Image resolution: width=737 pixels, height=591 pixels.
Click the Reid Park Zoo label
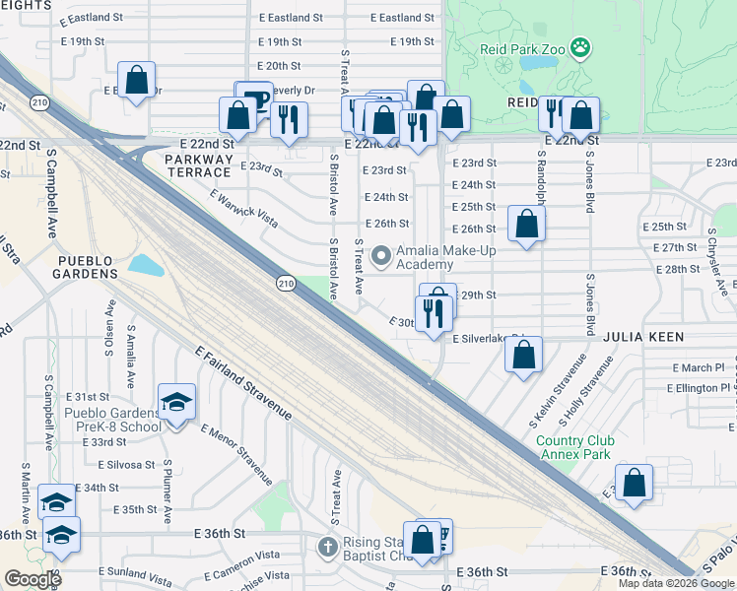pos(522,46)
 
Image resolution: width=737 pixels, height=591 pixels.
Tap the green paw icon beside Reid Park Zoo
pos(582,46)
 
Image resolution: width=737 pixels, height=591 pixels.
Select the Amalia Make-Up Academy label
pos(444,257)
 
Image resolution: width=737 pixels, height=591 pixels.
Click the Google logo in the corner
pos(33,579)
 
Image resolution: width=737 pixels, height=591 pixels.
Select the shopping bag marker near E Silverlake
pos(524,356)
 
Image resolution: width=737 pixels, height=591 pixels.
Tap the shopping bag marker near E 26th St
pos(527,225)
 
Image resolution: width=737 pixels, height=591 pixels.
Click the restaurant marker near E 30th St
pos(433,313)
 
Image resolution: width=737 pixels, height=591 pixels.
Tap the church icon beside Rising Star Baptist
pos(329,545)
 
